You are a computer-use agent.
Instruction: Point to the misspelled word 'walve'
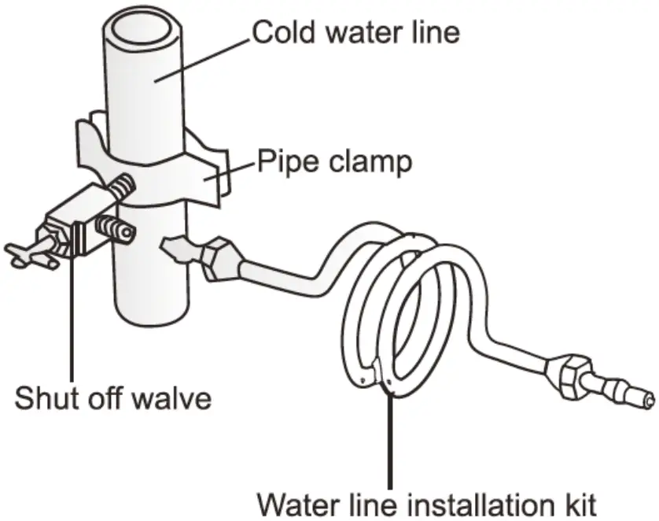pos(175,397)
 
